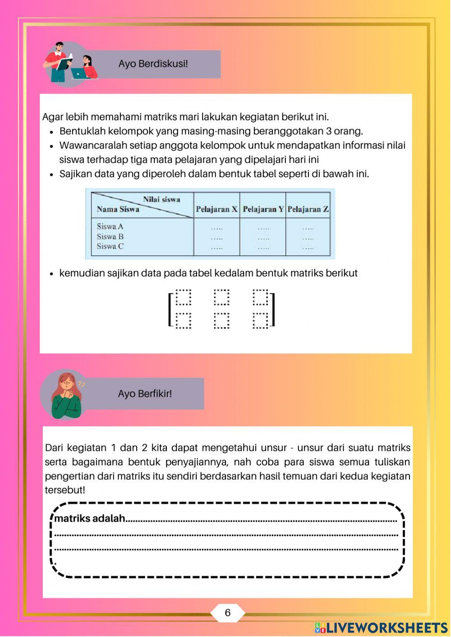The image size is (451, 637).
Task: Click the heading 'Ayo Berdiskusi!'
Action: click(153, 64)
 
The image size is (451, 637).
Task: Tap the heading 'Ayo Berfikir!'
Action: click(145, 394)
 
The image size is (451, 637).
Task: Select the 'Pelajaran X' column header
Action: click(216, 209)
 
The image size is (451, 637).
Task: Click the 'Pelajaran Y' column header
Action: click(263, 209)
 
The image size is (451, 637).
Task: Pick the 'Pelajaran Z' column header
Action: click(308, 209)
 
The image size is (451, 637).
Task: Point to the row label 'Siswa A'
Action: click(110, 227)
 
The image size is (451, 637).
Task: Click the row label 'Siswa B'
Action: click(110, 237)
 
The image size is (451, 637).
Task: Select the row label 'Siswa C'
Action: click(110, 246)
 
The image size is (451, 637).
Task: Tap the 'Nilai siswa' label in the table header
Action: click(161, 199)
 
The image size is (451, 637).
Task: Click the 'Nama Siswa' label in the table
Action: click(118, 209)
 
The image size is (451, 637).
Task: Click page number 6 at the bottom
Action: click(227, 613)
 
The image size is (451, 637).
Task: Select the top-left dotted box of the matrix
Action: click(183, 297)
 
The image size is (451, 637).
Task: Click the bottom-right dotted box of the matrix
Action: click(260, 320)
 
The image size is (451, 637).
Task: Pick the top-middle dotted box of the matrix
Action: click(221, 297)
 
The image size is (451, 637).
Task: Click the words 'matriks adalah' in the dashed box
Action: click(90, 519)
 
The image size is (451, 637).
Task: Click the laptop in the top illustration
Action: click(78, 74)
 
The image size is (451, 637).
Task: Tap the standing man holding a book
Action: click(59, 62)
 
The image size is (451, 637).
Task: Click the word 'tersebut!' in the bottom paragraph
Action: click(65, 490)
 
